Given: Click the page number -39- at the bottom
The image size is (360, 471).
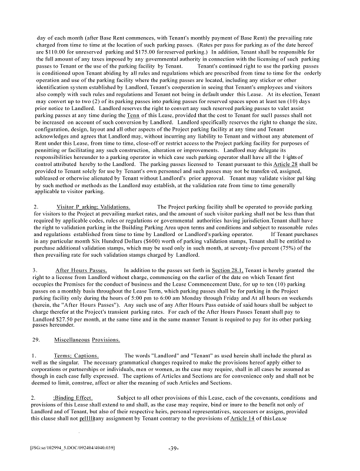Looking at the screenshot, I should point(172,448).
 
